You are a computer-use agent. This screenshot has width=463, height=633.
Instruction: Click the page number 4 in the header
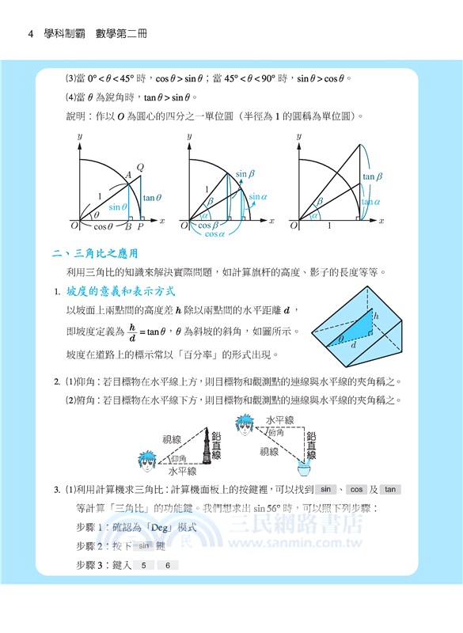pyautogui.click(x=29, y=34)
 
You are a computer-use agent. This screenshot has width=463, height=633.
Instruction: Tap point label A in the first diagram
pyautogui.click(x=129, y=176)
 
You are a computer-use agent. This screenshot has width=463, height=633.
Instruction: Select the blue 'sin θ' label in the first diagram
pyautogui.click(x=118, y=207)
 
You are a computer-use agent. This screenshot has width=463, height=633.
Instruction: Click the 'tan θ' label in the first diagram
pyautogui.click(x=154, y=198)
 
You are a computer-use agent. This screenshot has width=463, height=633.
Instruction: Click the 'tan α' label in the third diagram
pyautogui.click(x=371, y=203)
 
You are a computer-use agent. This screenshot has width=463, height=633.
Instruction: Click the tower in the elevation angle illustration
pyautogui.click(x=214, y=452)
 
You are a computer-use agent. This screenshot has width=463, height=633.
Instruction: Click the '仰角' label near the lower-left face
pyautogui.click(x=180, y=459)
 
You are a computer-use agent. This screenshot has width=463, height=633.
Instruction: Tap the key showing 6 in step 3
pyautogui.click(x=168, y=565)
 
